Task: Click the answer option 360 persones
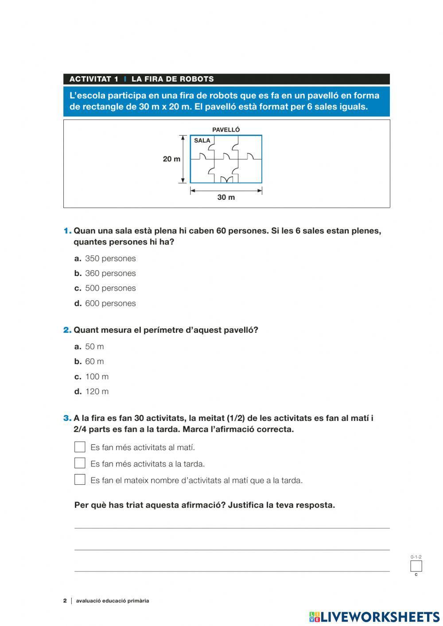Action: coord(110,273)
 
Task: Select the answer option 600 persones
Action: coord(110,303)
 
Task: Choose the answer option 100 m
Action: coord(97,377)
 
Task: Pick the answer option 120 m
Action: coord(97,392)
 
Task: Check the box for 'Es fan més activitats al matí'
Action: coord(80,447)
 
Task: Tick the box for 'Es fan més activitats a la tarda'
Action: coord(80,463)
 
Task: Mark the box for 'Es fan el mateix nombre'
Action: coord(80,479)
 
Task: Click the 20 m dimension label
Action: coord(171,159)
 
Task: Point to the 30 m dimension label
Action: coord(226,197)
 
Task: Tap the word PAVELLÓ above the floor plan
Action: coord(226,130)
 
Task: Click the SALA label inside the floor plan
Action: coord(202,140)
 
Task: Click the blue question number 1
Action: coord(67,231)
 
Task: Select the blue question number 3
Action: coord(67,418)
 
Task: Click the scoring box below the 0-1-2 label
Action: coord(416,566)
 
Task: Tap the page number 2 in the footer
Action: coord(65,601)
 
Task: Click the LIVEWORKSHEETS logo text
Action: coord(380,617)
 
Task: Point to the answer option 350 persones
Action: coord(110,258)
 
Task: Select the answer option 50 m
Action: coord(94,346)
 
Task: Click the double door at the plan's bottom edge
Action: coord(226,179)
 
